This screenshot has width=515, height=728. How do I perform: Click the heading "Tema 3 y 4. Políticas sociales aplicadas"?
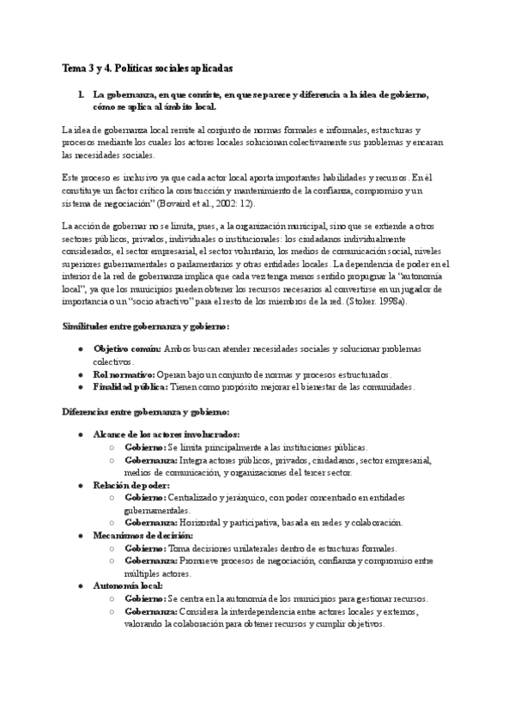(148, 67)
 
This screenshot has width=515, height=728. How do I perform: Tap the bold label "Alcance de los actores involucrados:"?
(167, 434)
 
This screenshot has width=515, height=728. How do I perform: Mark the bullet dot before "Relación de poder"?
(81, 485)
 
